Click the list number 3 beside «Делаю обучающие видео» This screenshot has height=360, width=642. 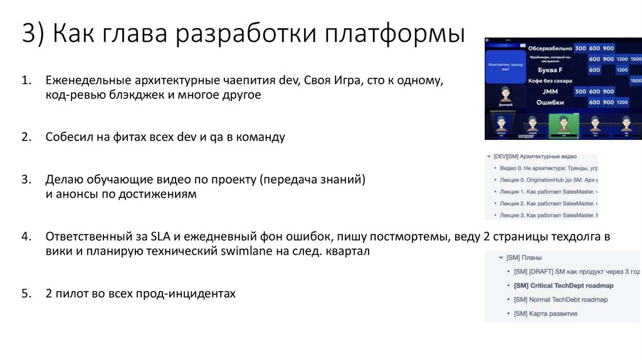tap(26, 179)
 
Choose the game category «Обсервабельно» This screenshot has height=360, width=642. tap(550, 48)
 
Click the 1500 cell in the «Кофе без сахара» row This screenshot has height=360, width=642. tap(636, 81)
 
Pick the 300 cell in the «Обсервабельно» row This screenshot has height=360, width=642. tap(580, 48)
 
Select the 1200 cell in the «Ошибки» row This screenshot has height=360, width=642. tap(622, 102)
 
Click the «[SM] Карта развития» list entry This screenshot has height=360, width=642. tap(545, 313)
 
